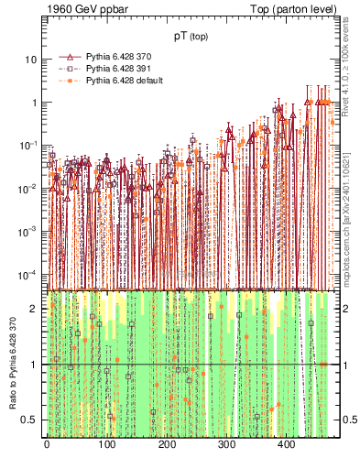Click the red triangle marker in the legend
point(68,57)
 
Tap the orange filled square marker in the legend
point(68,81)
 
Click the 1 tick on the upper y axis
point(34,103)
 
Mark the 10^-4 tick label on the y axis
point(29,275)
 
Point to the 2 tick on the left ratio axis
point(35,309)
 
